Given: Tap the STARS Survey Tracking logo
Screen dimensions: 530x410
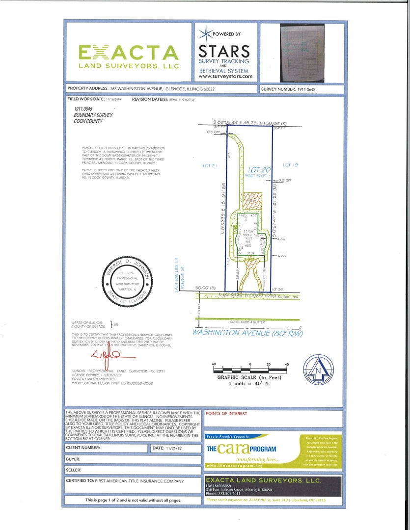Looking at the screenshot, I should [224, 54].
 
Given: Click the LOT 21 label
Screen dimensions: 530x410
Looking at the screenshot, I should [210, 166].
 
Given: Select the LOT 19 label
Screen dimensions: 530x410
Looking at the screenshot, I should [290, 165].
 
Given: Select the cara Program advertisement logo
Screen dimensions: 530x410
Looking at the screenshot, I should [242, 449].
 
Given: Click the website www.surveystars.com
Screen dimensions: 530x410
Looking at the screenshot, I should [225, 76].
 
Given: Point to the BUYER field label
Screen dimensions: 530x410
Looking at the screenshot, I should [73, 460].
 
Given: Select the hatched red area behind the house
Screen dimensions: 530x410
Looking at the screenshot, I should [250, 201].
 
